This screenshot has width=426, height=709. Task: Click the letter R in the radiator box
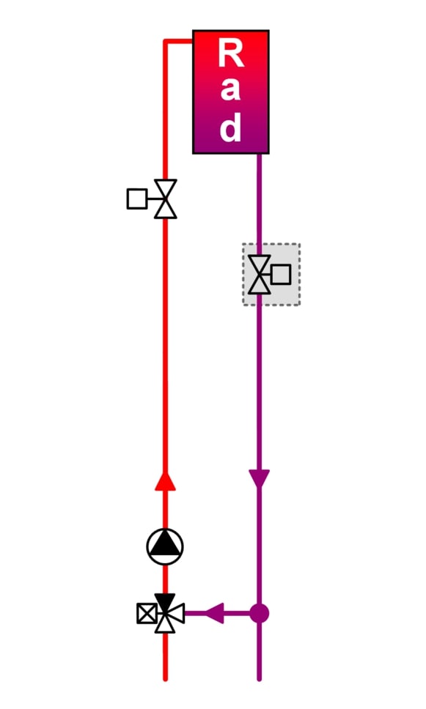[x=231, y=53]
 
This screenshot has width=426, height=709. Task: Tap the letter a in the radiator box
[x=230, y=88]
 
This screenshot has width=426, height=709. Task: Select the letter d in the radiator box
[x=230, y=127]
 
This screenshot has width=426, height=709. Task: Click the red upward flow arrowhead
[x=165, y=481]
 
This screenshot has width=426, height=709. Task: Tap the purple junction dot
[x=260, y=614]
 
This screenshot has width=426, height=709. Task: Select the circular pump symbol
[x=165, y=546]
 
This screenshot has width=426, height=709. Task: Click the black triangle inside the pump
[x=165, y=544]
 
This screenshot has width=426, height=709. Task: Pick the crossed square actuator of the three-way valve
[x=147, y=614]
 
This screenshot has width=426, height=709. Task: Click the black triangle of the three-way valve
[x=165, y=603]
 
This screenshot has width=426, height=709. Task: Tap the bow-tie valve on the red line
[x=165, y=199]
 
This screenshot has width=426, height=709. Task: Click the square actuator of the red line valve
[x=136, y=199]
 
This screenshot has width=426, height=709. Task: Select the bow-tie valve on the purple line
[x=260, y=275]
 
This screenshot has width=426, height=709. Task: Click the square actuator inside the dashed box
[x=281, y=275]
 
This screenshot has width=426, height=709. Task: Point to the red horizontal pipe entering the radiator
[x=178, y=41]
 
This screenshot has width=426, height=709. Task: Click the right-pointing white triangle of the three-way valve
[x=175, y=614]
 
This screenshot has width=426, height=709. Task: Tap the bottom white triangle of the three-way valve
[x=165, y=623]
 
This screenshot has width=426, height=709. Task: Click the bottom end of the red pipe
[x=165, y=679]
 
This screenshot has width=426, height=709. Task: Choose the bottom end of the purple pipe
[x=260, y=679]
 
